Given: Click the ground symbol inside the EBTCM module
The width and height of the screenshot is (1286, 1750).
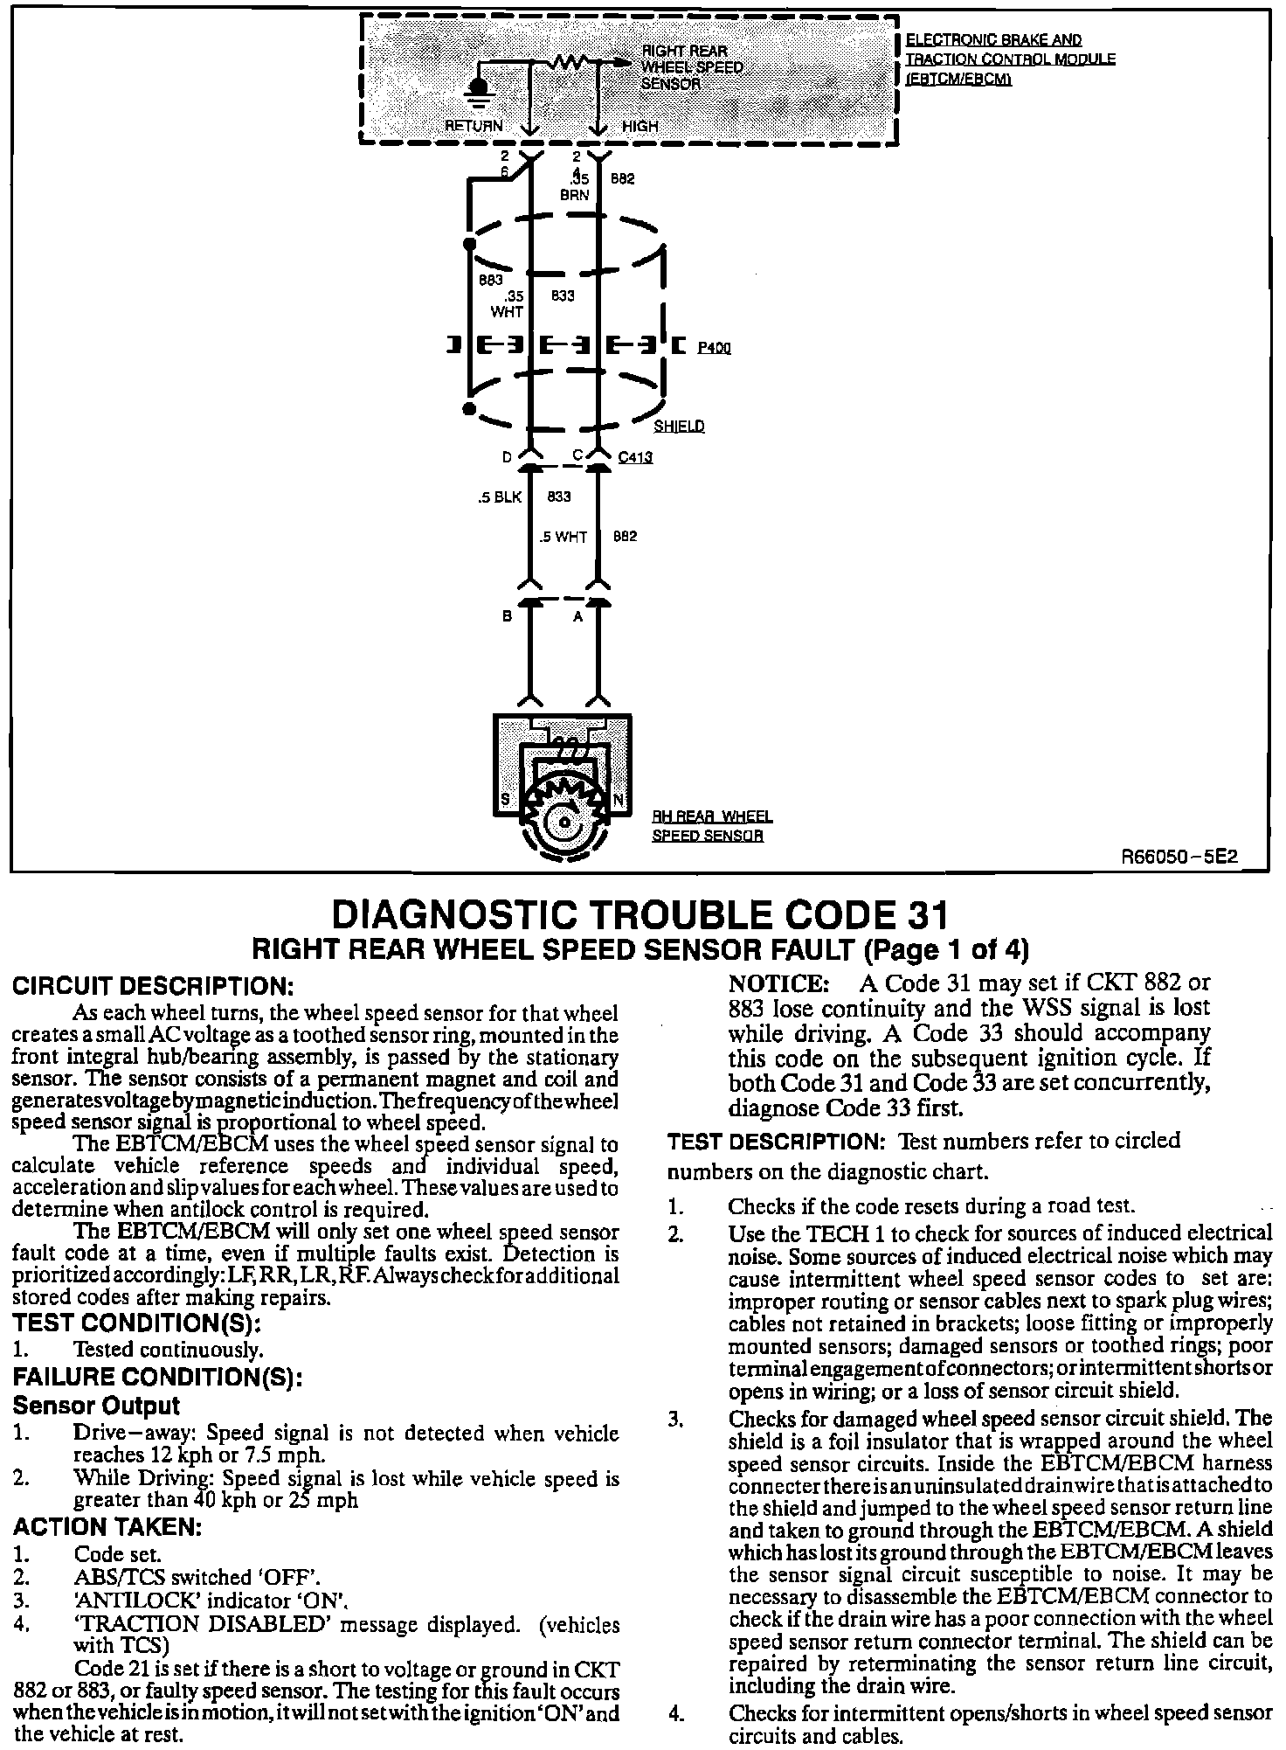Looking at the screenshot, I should pos(478,90).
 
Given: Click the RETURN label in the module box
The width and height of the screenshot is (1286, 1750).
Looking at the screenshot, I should pos(474,126).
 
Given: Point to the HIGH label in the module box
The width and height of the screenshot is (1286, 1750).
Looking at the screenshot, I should pos(640,126).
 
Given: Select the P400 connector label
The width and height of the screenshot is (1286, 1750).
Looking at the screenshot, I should pos(714,348).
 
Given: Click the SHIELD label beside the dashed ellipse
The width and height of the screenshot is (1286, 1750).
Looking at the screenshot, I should pos(679,427).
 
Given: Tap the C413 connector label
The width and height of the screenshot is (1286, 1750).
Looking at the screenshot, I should pos(635,457).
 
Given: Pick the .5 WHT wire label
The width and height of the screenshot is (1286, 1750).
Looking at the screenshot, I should pos(563,537).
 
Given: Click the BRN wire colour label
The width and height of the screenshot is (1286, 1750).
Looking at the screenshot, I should pos(575,195).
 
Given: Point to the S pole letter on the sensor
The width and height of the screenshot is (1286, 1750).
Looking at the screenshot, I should pos(504,800).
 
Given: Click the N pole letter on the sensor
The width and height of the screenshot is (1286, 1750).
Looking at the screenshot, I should pos(619,800).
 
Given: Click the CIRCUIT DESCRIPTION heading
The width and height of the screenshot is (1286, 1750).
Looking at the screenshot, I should pos(151,986).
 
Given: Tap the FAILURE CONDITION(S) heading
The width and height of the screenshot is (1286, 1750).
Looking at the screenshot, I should pos(157,1378).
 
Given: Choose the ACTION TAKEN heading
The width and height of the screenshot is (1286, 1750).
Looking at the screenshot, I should pos(107,1527).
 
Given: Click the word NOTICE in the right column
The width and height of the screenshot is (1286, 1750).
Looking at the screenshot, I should pos(778,983).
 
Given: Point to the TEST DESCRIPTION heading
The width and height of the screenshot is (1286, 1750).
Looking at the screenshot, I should pos(778,1142).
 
